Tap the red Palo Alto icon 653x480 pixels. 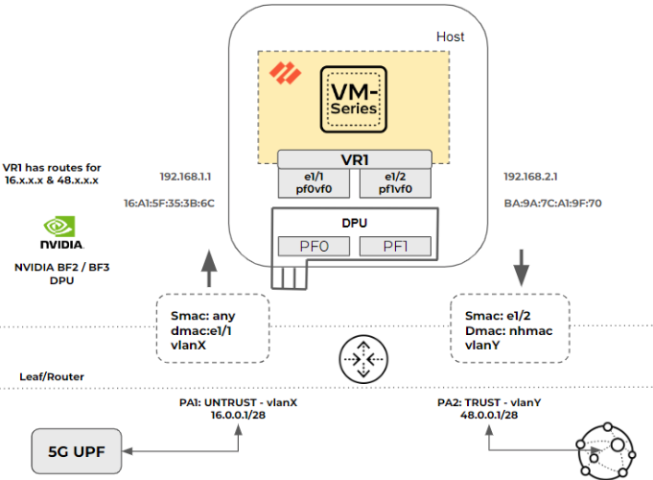point(281,72)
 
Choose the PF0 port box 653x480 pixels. point(314,247)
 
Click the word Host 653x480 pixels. point(450,36)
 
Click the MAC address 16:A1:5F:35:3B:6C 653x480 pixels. point(169,204)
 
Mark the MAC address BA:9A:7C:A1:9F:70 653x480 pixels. point(551,204)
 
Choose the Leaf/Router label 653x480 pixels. point(51,376)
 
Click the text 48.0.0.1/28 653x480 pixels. point(490,415)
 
